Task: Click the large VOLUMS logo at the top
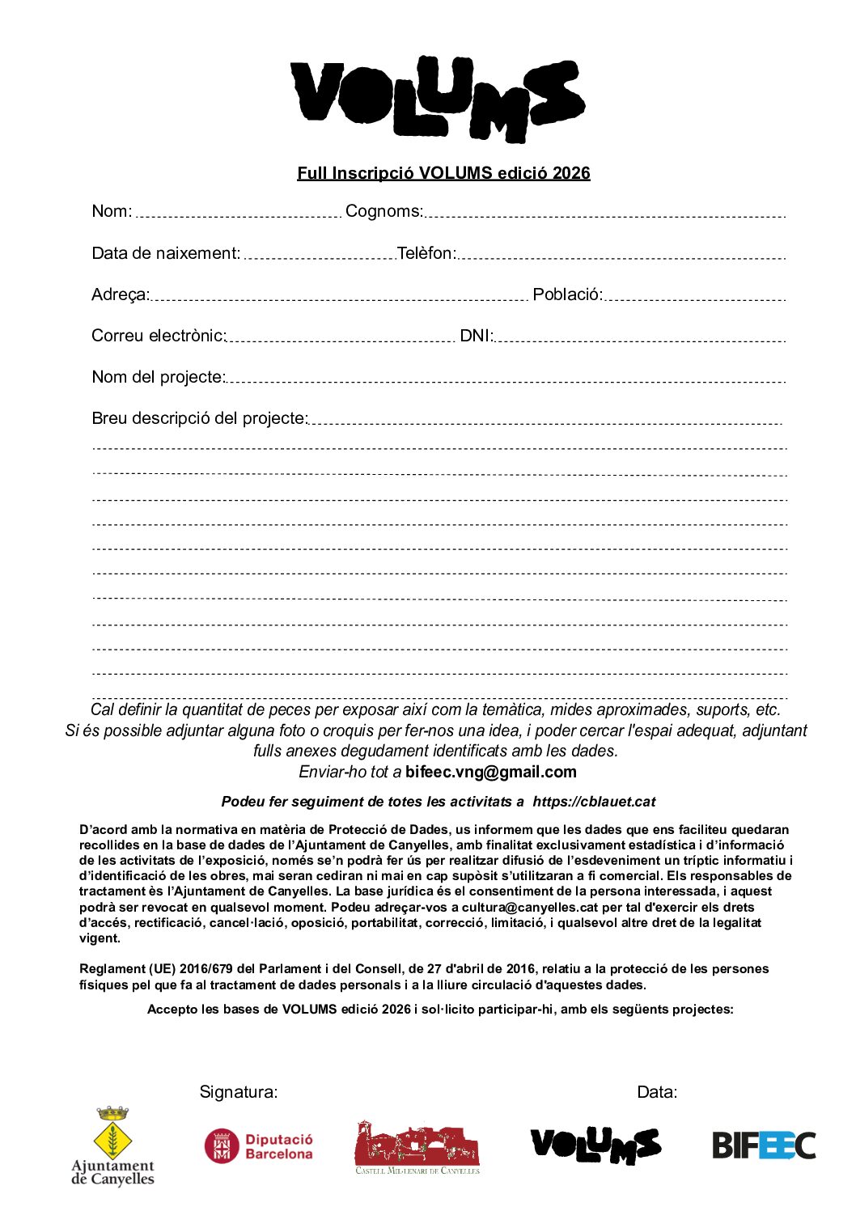pyautogui.click(x=437, y=99)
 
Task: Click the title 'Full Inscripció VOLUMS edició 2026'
pyautogui.click(x=443, y=173)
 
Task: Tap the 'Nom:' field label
pyautogui.click(x=112, y=212)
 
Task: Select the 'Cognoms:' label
pyautogui.click(x=384, y=212)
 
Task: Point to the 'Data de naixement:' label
pyautogui.click(x=166, y=254)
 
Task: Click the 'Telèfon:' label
pyautogui.click(x=426, y=254)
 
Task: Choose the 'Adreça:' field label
pyautogui.click(x=121, y=295)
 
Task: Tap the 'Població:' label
pyautogui.click(x=567, y=295)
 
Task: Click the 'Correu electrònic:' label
pyautogui.click(x=159, y=337)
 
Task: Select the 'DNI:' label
pyautogui.click(x=477, y=337)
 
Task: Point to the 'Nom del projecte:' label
pyautogui.click(x=159, y=378)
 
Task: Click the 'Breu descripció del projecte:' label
pyautogui.click(x=200, y=419)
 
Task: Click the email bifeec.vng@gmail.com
pyautogui.click(x=491, y=773)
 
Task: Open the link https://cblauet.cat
pyautogui.click(x=594, y=802)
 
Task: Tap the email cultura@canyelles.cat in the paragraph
pyautogui.click(x=530, y=908)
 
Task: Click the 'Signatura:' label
pyautogui.click(x=239, y=1093)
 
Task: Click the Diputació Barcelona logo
pyautogui.click(x=259, y=1146)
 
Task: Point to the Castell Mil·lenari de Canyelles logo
pyautogui.click(x=417, y=1148)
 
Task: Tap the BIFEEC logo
pyautogui.click(x=763, y=1145)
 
